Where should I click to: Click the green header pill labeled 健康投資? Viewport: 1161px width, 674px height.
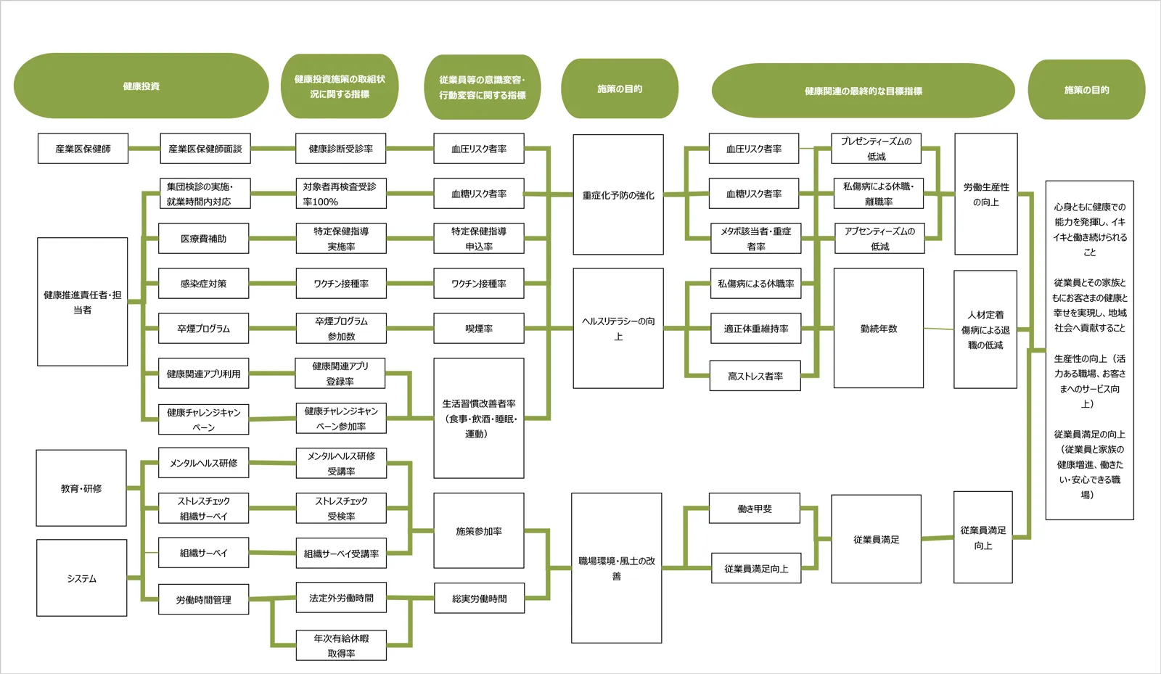pyautogui.click(x=141, y=86)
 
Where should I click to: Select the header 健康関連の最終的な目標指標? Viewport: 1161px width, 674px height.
pyautogui.click(x=863, y=91)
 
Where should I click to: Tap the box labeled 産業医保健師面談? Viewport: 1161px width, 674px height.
pyautogui.click(x=205, y=149)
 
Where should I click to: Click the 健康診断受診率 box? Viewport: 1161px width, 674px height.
pyautogui.click(x=340, y=149)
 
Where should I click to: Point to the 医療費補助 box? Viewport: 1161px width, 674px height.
pyautogui.click(x=203, y=239)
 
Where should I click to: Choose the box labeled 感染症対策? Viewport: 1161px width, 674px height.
pyautogui.click(x=203, y=284)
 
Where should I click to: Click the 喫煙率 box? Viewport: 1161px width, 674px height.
pyautogui.click(x=478, y=329)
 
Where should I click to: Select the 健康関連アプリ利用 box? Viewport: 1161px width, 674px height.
pyautogui.click(x=203, y=374)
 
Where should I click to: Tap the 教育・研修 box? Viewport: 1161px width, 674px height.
pyautogui.click(x=81, y=488)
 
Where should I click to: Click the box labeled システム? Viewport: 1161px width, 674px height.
pyautogui.click(x=81, y=578)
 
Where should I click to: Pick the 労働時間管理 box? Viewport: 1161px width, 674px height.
pyautogui.click(x=203, y=600)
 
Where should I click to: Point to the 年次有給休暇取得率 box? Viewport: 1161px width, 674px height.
pyautogui.click(x=340, y=646)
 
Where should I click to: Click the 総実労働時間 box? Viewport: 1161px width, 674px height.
pyautogui.click(x=479, y=599)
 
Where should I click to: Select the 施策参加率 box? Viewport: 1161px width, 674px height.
pyautogui.click(x=478, y=531)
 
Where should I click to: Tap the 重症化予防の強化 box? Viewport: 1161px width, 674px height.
pyautogui.click(x=618, y=194)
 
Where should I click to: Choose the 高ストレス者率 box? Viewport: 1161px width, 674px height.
pyautogui.click(x=755, y=376)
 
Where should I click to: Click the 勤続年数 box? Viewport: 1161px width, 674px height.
pyautogui.click(x=878, y=329)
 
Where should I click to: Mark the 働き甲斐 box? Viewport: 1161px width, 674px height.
pyautogui.click(x=754, y=509)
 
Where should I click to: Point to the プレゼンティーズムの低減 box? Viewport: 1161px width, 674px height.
pyautogui.click(x=876, y=149)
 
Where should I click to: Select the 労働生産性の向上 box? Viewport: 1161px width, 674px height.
pyautogui.click(x=985, y=194)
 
